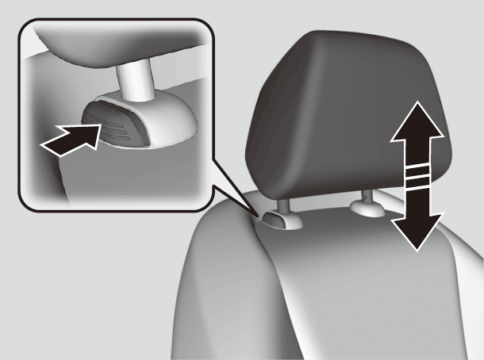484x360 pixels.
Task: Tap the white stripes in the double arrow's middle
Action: pyautogui.click(x=415, y=176)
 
